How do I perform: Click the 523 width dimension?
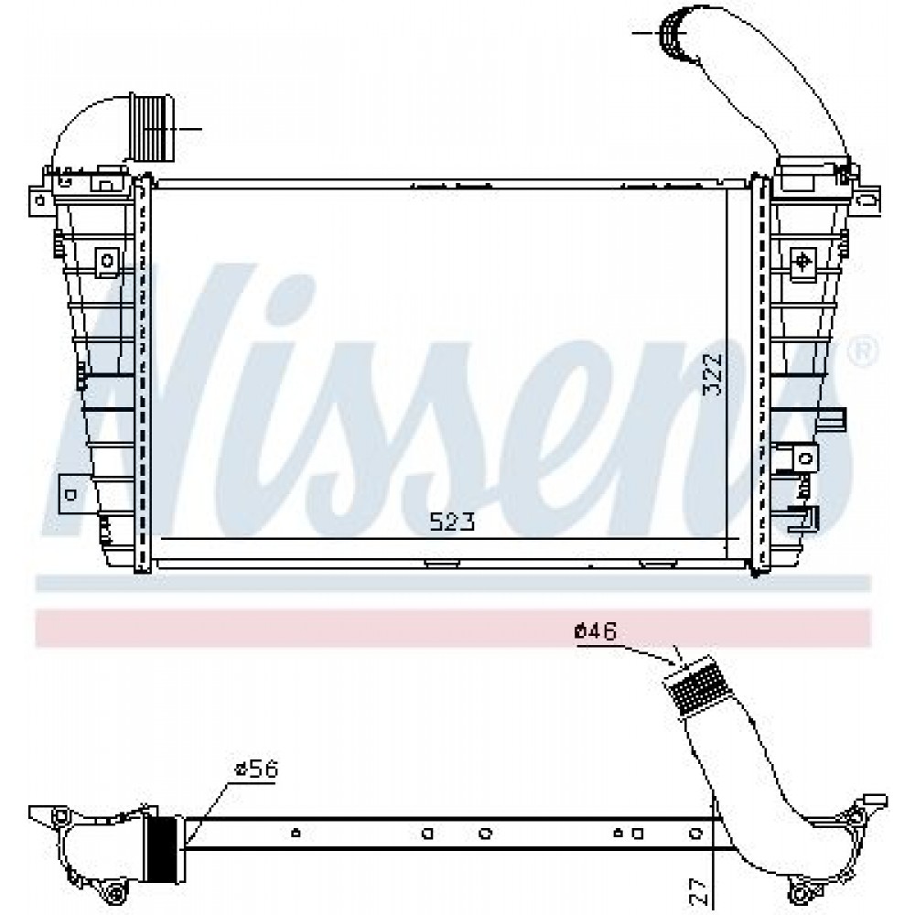(x=452, y=522)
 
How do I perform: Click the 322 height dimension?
(x=713, y=375)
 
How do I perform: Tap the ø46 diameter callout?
(x=596, y=631)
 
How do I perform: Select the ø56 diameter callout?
(x=256, y=770)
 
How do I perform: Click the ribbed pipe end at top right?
(x=674, y=33)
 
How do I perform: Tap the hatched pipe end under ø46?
(x=696, y=685)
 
